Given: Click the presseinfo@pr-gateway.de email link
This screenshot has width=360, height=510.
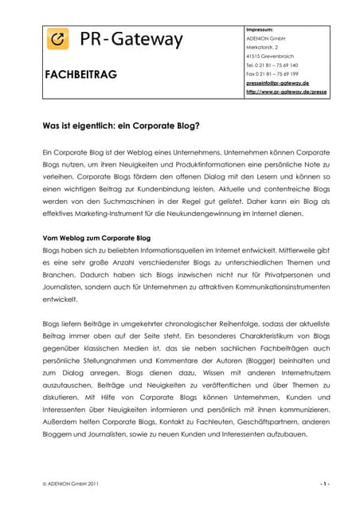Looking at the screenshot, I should coord(277,83).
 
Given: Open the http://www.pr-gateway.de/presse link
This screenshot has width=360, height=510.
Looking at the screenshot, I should coord(286,92).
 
